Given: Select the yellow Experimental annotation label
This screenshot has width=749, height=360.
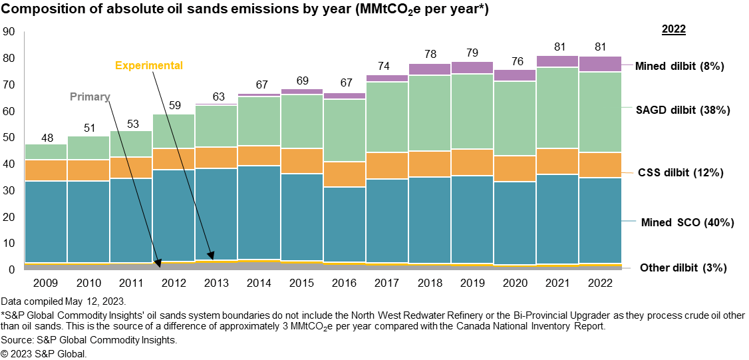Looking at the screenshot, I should [148, 65].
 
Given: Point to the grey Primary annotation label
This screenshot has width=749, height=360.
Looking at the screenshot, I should [90, 96].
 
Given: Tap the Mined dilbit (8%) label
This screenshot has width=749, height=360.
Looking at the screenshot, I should [678, 66].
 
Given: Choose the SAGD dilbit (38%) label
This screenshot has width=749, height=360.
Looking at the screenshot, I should [682, 110].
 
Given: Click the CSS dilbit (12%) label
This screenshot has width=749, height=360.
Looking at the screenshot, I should [679, 172].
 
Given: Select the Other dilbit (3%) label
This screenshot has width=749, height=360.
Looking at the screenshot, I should [683, 268].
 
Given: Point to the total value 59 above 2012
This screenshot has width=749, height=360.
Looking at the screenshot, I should [174, 104].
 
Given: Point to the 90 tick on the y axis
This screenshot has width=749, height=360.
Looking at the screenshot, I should [9, 31].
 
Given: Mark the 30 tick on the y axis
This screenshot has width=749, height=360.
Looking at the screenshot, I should [9, 190].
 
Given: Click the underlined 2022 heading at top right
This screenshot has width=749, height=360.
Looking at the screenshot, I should [673, 29].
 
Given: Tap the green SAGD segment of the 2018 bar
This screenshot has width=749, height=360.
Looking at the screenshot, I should [430, 113].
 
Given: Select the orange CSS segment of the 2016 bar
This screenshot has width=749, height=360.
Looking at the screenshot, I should [345, 174].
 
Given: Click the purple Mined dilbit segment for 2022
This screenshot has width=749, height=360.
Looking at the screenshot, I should [601, 64].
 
